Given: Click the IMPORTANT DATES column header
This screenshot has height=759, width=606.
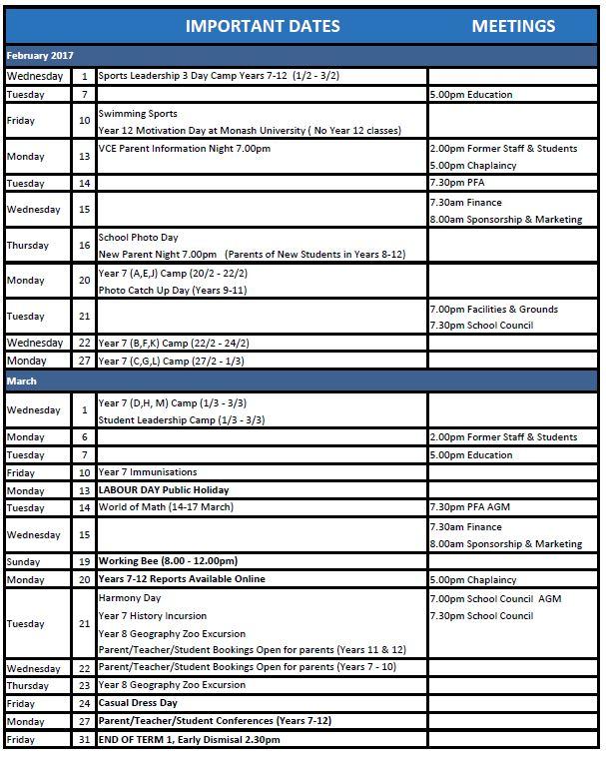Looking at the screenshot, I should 263,26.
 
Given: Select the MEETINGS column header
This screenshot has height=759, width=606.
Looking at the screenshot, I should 513,26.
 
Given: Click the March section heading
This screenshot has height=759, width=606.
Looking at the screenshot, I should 22,380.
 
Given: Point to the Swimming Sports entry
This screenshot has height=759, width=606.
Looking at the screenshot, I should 138,114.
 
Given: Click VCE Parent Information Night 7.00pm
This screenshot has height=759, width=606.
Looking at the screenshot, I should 184,149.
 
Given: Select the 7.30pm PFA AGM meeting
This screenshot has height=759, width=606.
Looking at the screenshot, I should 469,507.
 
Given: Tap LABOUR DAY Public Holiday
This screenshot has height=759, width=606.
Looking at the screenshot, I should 163,490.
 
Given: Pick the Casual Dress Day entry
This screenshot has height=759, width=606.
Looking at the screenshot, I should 138,703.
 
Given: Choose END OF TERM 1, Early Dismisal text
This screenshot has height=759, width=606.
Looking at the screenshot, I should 189,739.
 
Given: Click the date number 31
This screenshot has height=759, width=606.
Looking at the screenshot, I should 84,739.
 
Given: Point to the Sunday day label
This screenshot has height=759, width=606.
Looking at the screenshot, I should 24,562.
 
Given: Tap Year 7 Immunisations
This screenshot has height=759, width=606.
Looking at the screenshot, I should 147,472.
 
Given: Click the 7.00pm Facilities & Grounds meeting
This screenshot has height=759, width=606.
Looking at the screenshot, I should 493,310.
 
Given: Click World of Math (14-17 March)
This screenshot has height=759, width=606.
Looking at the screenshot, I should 165,507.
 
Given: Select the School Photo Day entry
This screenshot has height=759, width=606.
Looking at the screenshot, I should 138,238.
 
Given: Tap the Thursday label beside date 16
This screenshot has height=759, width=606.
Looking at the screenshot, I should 28,246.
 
